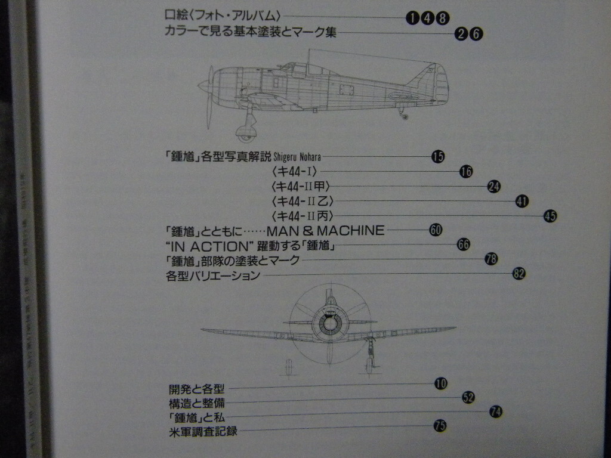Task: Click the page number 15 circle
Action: tap(438, 157)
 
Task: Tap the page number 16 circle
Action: tap(466, 172)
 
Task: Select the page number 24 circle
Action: tap(493, 186)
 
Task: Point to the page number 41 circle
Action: tap(522, 201)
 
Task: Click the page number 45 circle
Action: tap(550, 216)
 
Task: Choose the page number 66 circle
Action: tap(464, 245)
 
